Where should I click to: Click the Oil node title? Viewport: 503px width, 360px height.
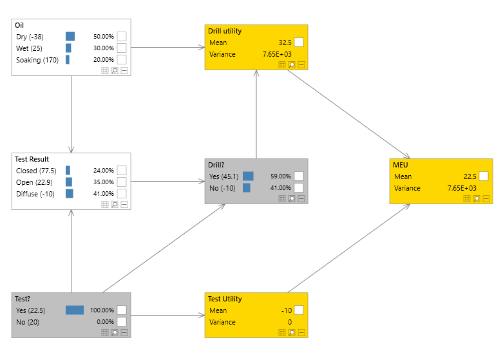[19, 26]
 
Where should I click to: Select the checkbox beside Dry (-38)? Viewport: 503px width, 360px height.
[122, 37]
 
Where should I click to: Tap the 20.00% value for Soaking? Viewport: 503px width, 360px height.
[103, 60]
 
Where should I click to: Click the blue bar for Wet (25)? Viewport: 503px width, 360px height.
[68, 48]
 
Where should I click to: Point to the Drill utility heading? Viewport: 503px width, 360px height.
[227, 31]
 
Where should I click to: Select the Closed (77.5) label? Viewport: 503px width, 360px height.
[36, 171]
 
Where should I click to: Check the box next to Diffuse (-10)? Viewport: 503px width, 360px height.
[122, 194]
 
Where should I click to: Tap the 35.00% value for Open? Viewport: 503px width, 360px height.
[103, 182]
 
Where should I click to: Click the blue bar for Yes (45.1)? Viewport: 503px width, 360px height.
[248, 176]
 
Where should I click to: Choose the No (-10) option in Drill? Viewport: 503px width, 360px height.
[222, 187]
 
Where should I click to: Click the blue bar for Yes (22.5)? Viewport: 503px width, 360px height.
[75, 310]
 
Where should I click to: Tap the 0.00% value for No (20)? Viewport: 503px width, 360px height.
[104, 321]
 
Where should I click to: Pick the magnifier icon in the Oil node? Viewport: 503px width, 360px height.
[114, 71]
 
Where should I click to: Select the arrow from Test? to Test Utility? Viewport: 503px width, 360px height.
[167, 316]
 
